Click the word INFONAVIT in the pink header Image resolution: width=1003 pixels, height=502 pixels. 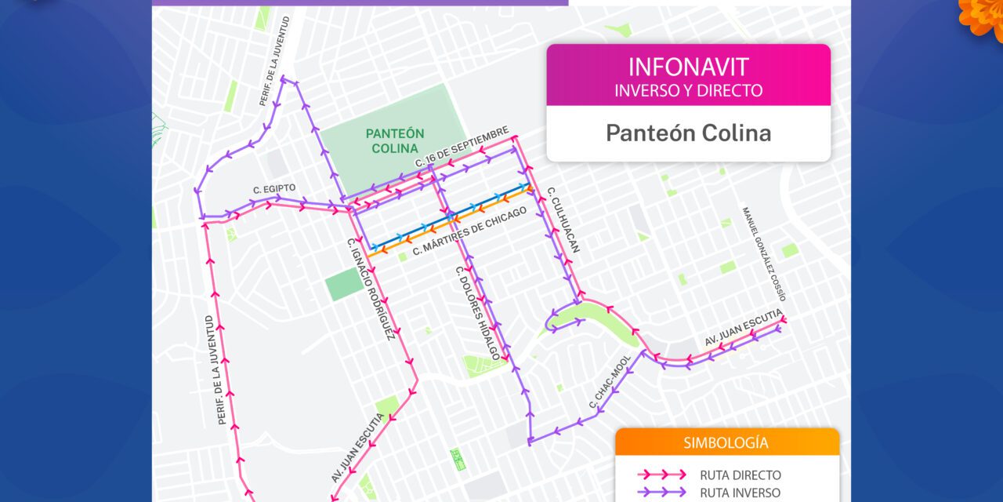[688, 67]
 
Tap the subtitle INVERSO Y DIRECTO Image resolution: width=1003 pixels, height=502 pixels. [688, 90]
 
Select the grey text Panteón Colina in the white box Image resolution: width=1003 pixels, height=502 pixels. [688, 133]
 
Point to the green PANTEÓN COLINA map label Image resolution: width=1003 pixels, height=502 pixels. [395, 140]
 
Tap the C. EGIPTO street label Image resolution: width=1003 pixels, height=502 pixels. [274, 189]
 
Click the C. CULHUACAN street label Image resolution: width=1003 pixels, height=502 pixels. [563, 219]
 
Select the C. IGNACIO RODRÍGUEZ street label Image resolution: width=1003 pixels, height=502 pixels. [369, 289]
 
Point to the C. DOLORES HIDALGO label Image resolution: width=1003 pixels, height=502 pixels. [477, 313]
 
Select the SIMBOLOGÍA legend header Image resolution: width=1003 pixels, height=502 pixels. [726, 443]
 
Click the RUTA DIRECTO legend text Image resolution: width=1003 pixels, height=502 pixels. [740, 475]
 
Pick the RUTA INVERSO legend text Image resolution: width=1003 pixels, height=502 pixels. [740, 493]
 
